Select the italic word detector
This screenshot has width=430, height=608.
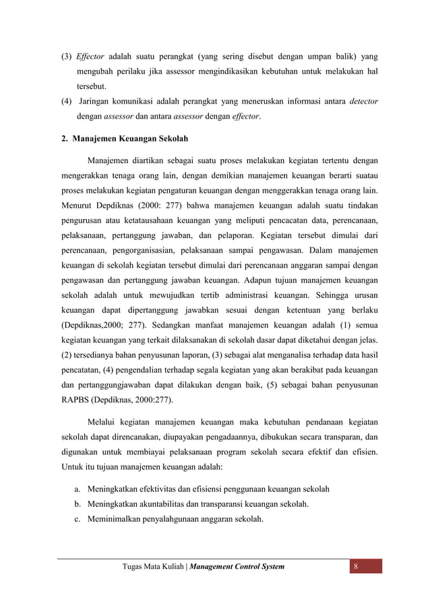[x=364, y=102]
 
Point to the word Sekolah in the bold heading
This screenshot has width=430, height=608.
[x=172, y=138]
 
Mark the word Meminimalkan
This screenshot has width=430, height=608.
[x=121, y=519]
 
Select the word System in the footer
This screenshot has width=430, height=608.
[x=268, y=566]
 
